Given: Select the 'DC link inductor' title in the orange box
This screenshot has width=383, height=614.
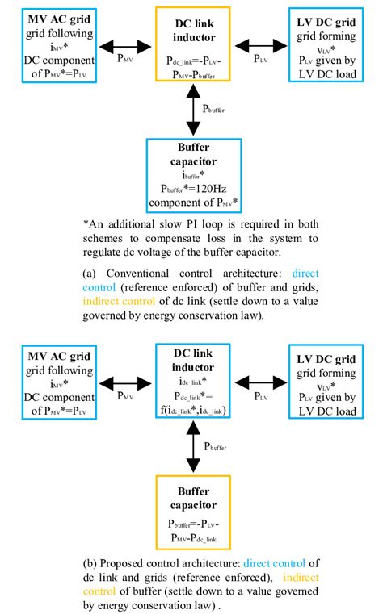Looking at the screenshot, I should (x=191, y=25).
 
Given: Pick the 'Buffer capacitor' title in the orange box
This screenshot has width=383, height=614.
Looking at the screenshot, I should (x=191, y=497).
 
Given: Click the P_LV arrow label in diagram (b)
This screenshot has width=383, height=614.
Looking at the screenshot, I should (x=261, y=396).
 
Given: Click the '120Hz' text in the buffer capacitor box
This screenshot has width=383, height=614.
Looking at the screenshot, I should (x=212, y=186).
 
